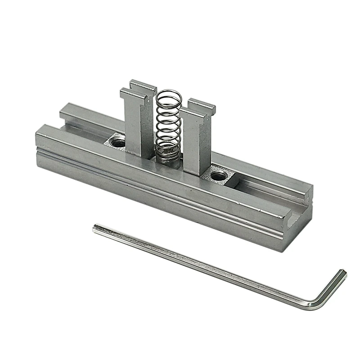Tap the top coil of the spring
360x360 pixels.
click(x=168, y=94)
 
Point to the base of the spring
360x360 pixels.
click(x=168, y=155)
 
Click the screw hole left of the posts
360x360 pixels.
click(x=118, y=143)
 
